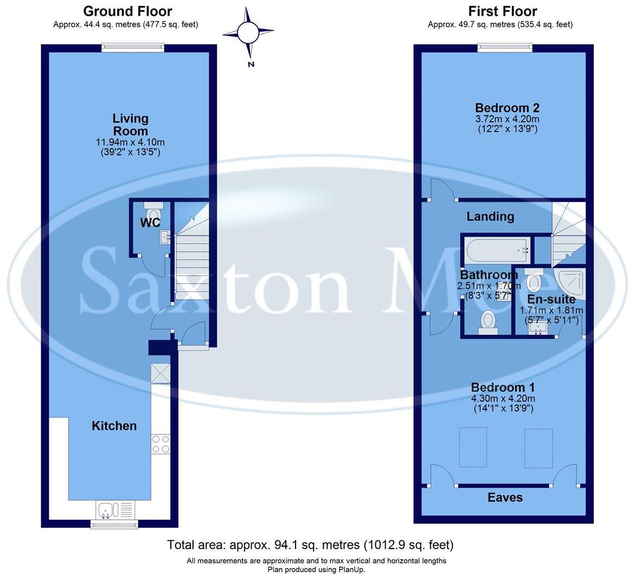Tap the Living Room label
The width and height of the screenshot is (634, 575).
click(x=130, y=125)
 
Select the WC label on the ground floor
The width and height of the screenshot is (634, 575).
click(x=150, y=223)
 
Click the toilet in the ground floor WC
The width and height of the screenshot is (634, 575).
click(x=153, y=211)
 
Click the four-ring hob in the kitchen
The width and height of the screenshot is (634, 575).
click(x=161, y=444)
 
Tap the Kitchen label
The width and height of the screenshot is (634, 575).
click(x=114, y=426)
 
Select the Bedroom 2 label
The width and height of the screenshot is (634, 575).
click(x=507, y=108)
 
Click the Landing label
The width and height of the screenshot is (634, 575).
click(x=490, y=217)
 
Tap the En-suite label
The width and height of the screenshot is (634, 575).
click(x=551, y=299)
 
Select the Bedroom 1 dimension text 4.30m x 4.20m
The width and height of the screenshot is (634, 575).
click(x=503, y=398)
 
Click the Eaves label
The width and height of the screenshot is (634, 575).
click(x=505, y=497)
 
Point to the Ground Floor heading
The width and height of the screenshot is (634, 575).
click(x=127, y=11)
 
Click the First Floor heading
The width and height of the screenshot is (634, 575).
click(x=502, y=11)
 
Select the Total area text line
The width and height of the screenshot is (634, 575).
click(x=310, y=545)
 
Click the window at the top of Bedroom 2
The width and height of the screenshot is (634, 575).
click(x=505, y=48)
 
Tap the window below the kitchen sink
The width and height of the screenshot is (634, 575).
click(x=114, y=524)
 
